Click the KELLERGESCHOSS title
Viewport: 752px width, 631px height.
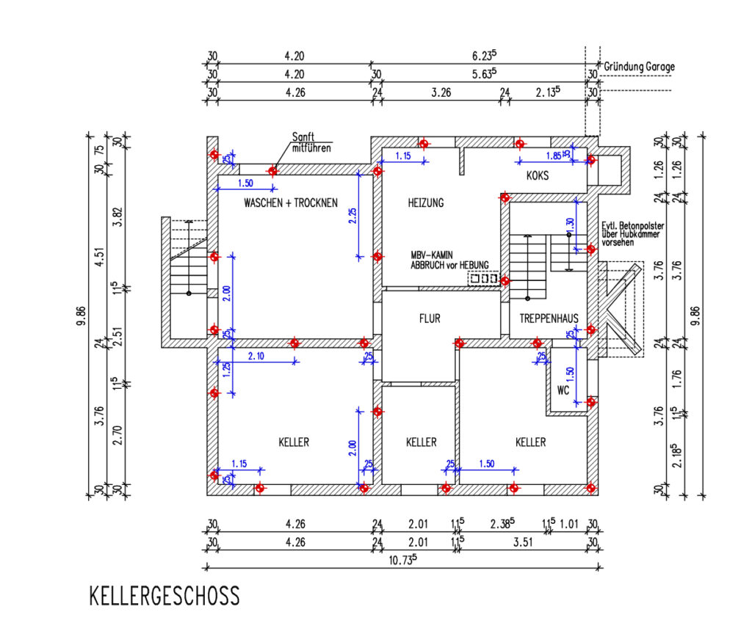(x=164, y=596)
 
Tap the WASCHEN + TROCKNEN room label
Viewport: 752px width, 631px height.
(x=291, y=203)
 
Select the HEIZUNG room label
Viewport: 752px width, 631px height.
(x=427, y=203)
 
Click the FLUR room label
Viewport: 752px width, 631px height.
(x=430, y=319)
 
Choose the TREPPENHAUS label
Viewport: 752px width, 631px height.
(x=549, y=318)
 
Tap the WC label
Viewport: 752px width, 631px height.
(x=563, y=390)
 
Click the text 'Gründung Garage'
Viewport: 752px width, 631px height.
(x=639, y=67)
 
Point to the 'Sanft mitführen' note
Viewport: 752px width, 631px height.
(x=309, y=142)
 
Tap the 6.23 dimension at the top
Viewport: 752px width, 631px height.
(x=483, y=56)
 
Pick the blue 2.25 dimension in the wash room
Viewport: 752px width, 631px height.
(x=352, y=215)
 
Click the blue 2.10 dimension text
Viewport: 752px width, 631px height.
(x=256, y=357)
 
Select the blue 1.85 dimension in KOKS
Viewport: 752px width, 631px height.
(x=553, y=156)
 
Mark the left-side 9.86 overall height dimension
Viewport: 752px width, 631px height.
(x=88, y=315)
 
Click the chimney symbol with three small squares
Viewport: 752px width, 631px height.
(x=483, y=279)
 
